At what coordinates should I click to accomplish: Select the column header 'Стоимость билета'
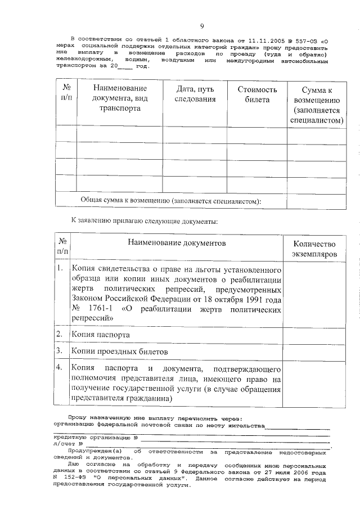[257, 94]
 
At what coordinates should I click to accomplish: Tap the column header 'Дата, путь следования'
[195, 94]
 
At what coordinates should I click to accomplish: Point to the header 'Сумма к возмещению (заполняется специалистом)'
[318, 105]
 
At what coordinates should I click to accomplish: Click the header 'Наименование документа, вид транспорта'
[120, 100]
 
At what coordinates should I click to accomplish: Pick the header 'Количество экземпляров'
[314, 249]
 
